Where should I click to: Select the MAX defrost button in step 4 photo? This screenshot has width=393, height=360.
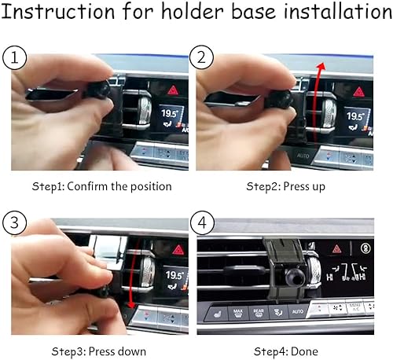tap(237, 312)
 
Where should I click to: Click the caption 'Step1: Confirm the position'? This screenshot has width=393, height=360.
tap(101, 187)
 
